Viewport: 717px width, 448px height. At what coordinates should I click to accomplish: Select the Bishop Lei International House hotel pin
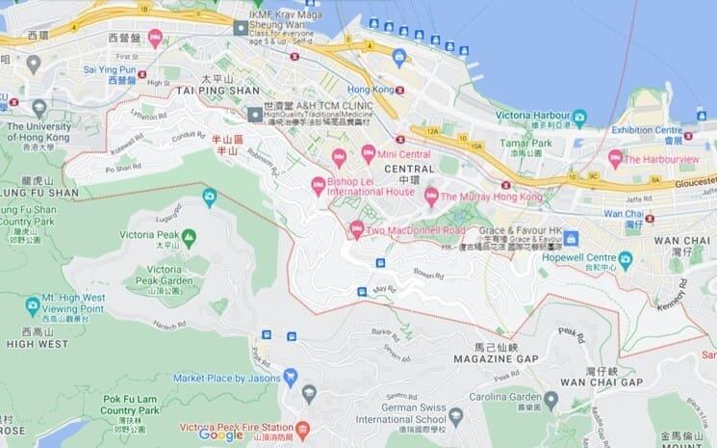[x=319, y=186]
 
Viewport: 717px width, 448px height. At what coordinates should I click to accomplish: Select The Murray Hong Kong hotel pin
[x=432, y=196]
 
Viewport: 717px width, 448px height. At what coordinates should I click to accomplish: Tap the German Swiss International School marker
[x=456, y=416]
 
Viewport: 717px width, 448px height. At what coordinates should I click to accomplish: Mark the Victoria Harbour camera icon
[x=579, y=119]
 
